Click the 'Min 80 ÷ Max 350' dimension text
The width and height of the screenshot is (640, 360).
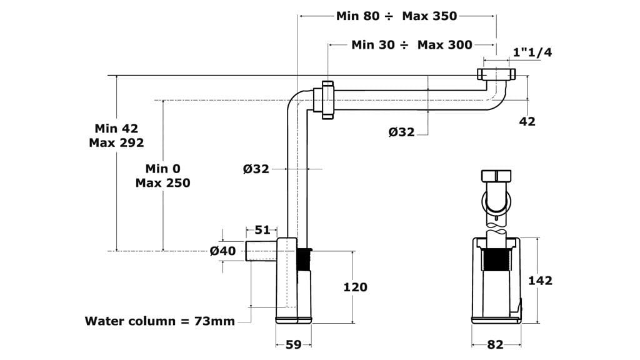396,16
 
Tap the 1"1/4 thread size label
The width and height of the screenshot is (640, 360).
532,52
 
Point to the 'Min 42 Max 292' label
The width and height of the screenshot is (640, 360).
116,135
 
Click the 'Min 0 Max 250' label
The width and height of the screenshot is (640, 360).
162,176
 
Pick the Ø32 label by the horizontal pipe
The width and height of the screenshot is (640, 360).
401,132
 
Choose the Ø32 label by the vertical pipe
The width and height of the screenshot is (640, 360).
256,169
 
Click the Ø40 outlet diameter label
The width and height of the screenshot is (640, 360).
223,251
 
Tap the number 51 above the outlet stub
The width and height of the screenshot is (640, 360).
262,230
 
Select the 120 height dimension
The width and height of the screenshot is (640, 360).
356,287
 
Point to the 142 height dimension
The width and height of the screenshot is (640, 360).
541,281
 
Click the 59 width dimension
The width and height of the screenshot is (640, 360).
294,344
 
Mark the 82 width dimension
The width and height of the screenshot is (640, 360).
496,344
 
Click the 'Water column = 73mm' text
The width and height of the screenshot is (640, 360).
160,321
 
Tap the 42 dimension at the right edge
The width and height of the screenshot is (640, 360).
527,122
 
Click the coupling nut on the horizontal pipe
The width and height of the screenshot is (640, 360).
327,99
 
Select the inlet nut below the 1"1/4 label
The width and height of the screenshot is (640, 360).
497,74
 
